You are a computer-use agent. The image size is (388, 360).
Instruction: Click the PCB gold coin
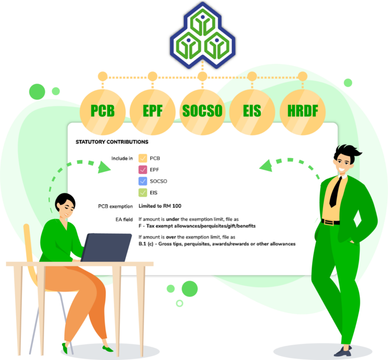pyautogui.click(x=103, y=112)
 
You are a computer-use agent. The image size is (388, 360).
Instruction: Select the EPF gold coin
pyautogui.click(x=153, y=112)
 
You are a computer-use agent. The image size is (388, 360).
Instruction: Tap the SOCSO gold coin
pyautogui.click(x=203, y=112)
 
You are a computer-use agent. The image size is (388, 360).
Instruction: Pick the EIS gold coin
pyautogui.click(x=252, y=112)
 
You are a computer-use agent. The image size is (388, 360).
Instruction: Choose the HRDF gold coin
pyautogui.click(x=303, y=112)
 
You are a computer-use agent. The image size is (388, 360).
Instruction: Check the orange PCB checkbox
pyautogui.click(x=143, y=158)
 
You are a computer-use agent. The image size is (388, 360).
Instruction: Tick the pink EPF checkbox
pyautogui.click(x=143, y=169)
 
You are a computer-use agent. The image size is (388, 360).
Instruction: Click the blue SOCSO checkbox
pyautogui.click(x=143, y=181)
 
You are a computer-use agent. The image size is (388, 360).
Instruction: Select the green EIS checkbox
pyautogui.click(x=143, y=193)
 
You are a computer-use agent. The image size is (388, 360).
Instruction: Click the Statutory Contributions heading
pyautogui.click(x=112, y=142)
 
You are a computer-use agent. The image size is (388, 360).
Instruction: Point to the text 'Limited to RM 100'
pyautogui.click(x=160, y=206)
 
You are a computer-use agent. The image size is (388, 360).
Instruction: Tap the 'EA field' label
pyautogui.click(x=124, y=219)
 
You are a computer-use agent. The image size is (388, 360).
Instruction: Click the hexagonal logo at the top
pyautogui.click(x=203, y=35)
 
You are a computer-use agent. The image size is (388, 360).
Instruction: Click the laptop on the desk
pyautogui.click(x=107, y=247)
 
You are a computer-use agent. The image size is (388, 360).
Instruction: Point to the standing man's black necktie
pyautogui.click(x=336, y=192)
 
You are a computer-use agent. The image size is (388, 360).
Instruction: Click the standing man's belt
pyautogui.click(x=330, y=222)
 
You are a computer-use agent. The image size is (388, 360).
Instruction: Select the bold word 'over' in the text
pyautogui.click(x=171, y=237)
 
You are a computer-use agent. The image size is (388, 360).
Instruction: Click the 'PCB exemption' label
pyautogui.click(x=115, y=206)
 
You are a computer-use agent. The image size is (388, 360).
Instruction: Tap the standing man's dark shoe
pyautogui.click(x=343, y=351)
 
